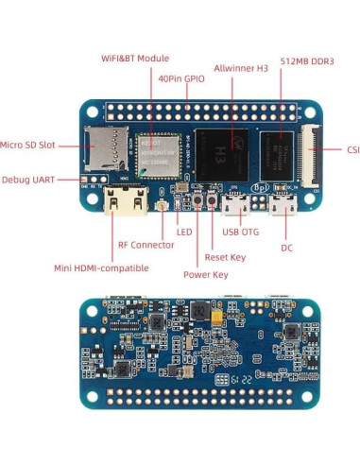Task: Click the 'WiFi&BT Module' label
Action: pos(135,59)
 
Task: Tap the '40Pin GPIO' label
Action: pos(181,79)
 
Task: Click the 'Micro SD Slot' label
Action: pos(28,145)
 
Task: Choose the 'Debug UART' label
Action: pos(28,179)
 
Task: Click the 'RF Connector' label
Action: pos(146,245)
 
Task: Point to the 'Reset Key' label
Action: pos(225,257)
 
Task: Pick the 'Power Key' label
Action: pos(205,275)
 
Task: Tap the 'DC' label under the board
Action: pos(286,248)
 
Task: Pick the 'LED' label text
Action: pos(184,232)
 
